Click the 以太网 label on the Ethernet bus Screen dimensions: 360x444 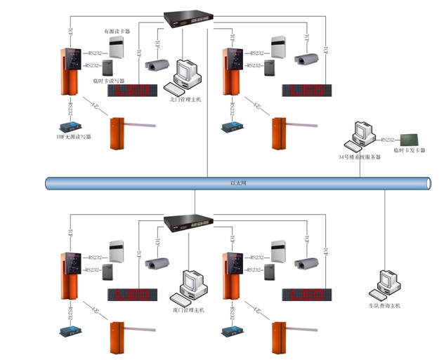(x=239, y=183)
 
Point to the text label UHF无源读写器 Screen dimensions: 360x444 (x=74, y=137)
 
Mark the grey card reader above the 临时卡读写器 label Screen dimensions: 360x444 (x=107, y=68)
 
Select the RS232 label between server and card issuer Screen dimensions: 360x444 (x=388, y=140)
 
